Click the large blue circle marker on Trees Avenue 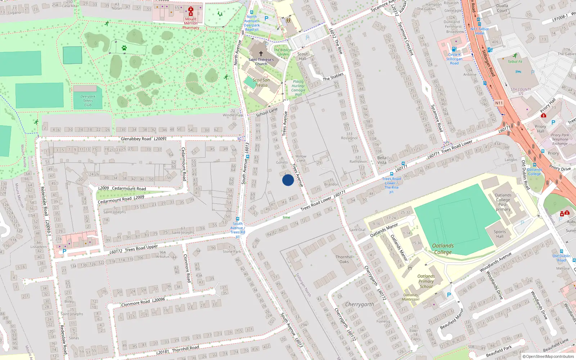tap(288, 180)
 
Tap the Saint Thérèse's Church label tap(261, 62)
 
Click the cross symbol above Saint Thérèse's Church tap(261, 53)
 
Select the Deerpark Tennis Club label tap(88, 101)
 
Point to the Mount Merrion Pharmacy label tap(191, 23)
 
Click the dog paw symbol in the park tap(124, 48)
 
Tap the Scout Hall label tap(302, 56)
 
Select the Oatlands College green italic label tap(443, 249)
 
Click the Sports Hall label tap(500, 234)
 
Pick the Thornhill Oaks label tap(344, 259)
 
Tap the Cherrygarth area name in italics tap(359, 304)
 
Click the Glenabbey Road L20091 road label tap(144, 139)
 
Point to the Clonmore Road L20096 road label tap(143, 302)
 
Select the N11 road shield tap(499, 103)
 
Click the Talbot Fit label tap(515, 62)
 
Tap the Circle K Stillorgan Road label tap(454, 59)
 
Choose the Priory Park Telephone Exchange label tap(560, 139)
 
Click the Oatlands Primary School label tap(426, 281)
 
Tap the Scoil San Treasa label tap(261, 83)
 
